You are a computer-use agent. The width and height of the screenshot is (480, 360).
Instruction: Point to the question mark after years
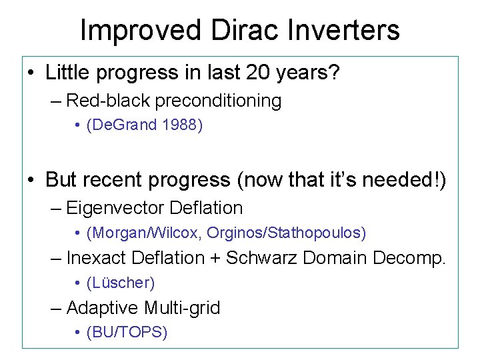click(x=333, y=72)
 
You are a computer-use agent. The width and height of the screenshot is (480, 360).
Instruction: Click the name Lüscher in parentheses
click(x=121, y=283)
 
